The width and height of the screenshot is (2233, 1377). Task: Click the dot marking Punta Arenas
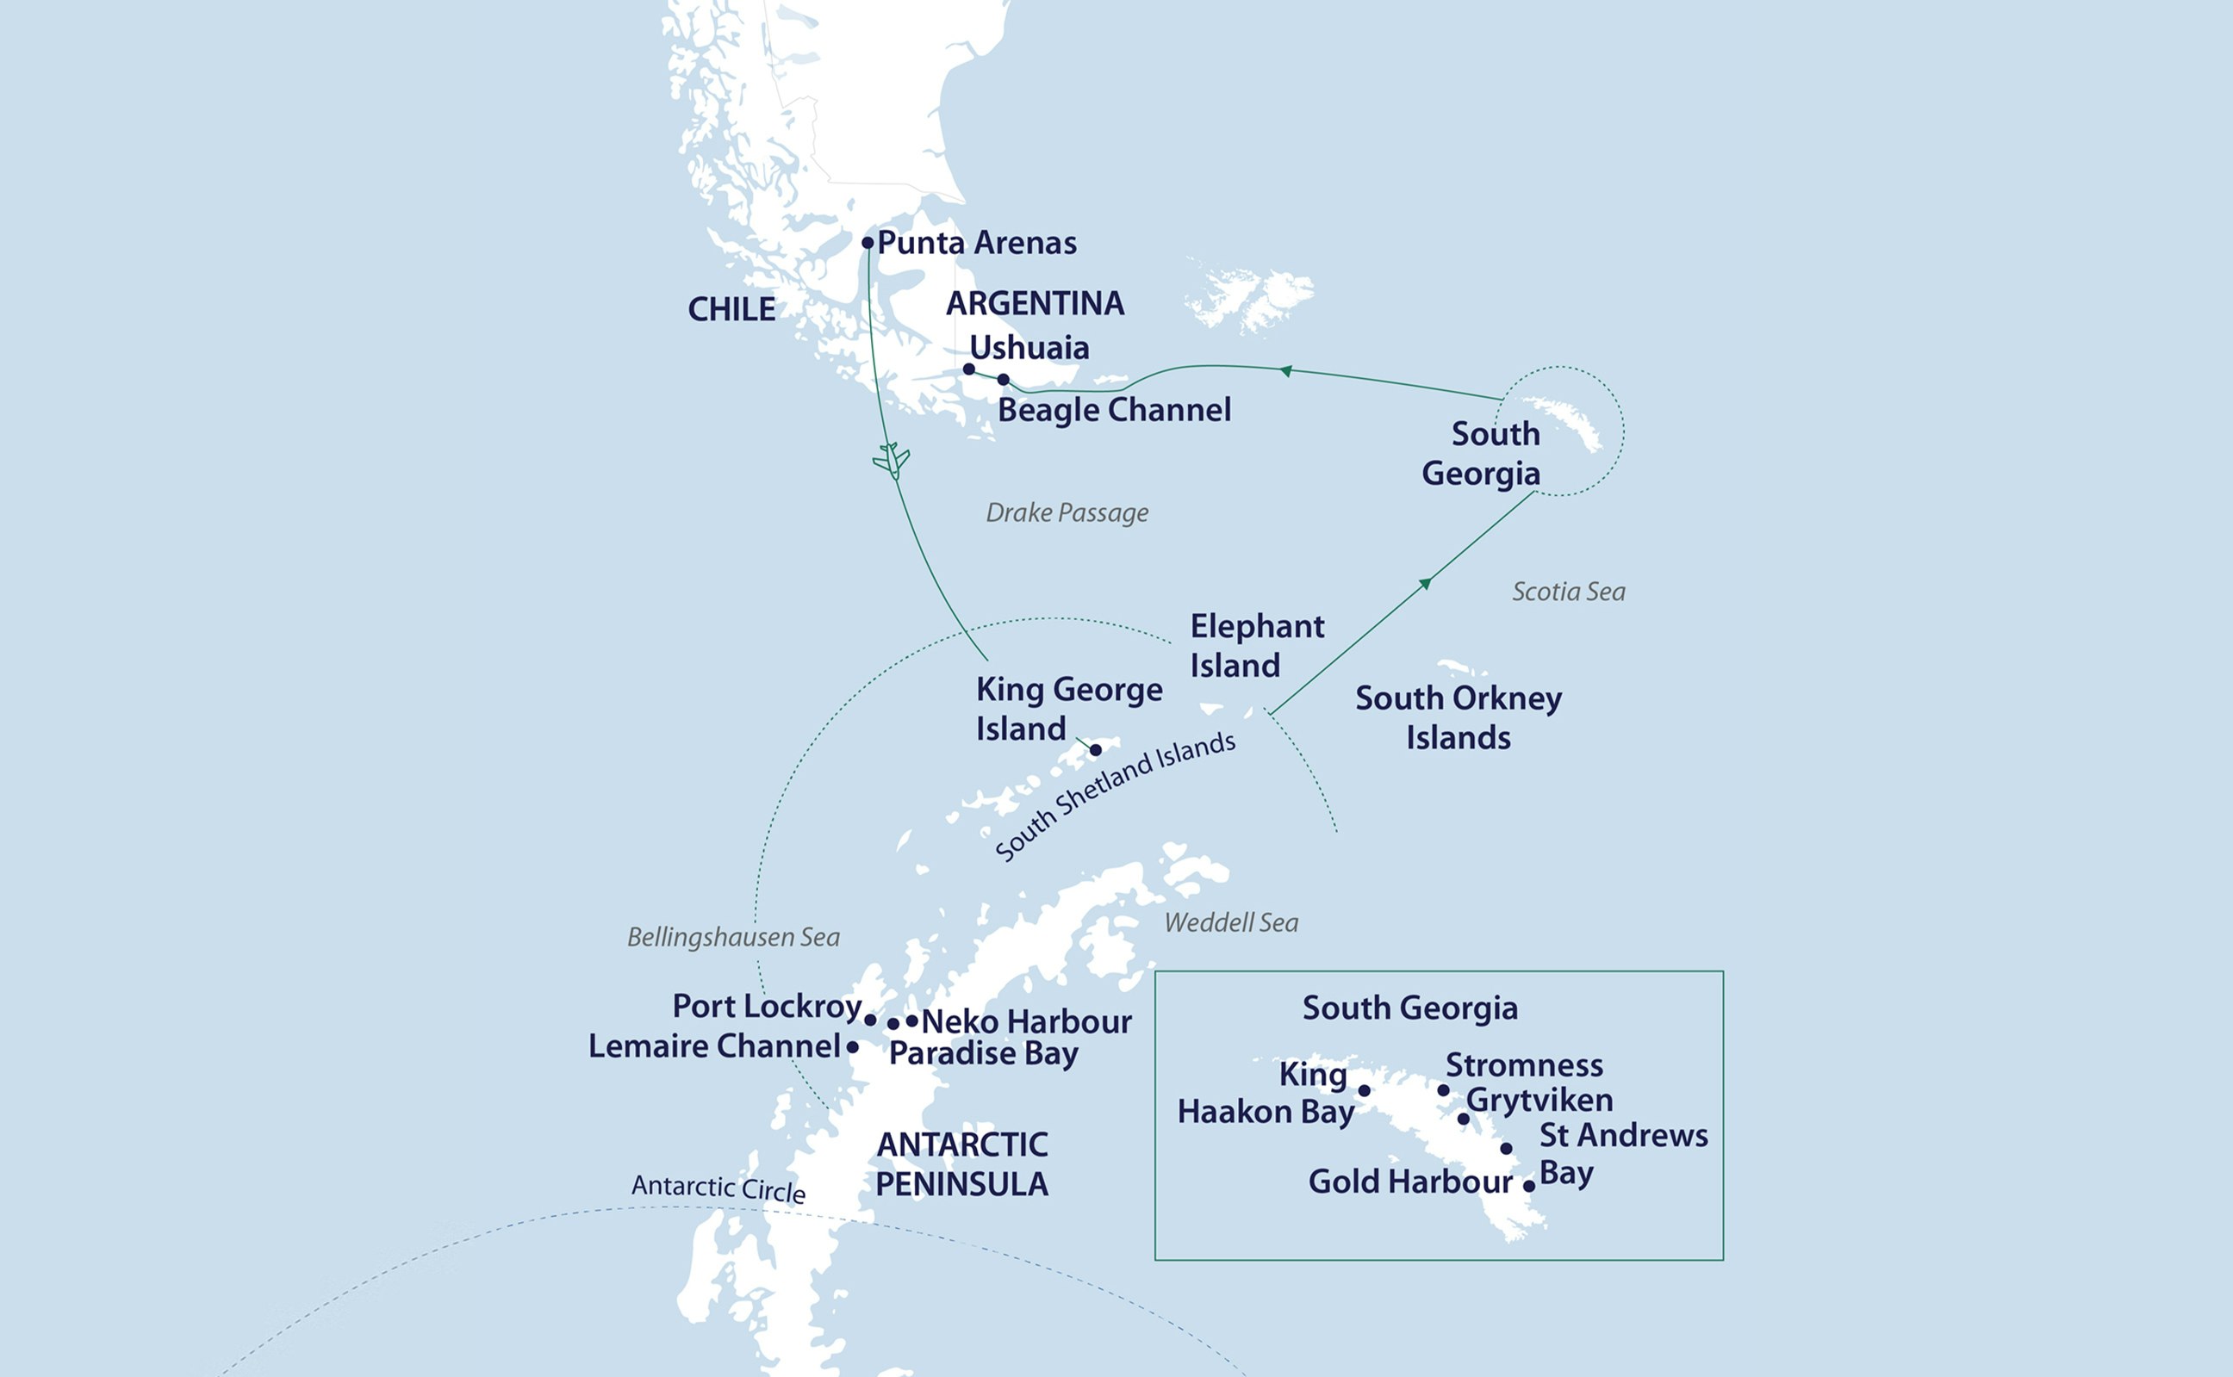coord(868,242)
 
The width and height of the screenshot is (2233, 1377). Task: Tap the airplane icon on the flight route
coord(891,460)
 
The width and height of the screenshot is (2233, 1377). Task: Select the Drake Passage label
coord(1067,512)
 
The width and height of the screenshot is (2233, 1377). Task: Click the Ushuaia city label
coord(1029,347)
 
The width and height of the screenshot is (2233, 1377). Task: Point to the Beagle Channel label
coord(1113,410)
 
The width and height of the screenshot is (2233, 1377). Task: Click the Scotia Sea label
coord(1568,592)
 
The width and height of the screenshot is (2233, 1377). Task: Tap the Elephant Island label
coord(1256,646)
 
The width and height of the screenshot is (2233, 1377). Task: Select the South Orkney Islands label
coord(1458,717)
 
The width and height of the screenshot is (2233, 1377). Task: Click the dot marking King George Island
coord(1096,749)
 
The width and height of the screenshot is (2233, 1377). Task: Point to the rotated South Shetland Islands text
coord(1115,796)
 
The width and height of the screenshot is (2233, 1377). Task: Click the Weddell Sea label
coord(1231,922)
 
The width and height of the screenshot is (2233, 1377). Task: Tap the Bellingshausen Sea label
coord(733,937)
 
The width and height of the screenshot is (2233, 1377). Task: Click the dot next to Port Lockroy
coord(870,1020)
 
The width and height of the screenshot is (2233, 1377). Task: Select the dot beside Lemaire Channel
coord(853,1047)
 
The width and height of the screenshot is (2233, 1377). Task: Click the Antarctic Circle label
coord(718,1188)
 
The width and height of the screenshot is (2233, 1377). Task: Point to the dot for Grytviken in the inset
coord(1463,1119)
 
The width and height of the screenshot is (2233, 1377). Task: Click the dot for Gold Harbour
coord(1529,1186)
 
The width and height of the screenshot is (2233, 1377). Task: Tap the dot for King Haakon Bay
coord(1364,1090)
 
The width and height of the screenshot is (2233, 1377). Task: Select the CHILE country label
coord(731,310)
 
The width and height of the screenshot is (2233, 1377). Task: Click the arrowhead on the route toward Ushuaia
coord(1285,370)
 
